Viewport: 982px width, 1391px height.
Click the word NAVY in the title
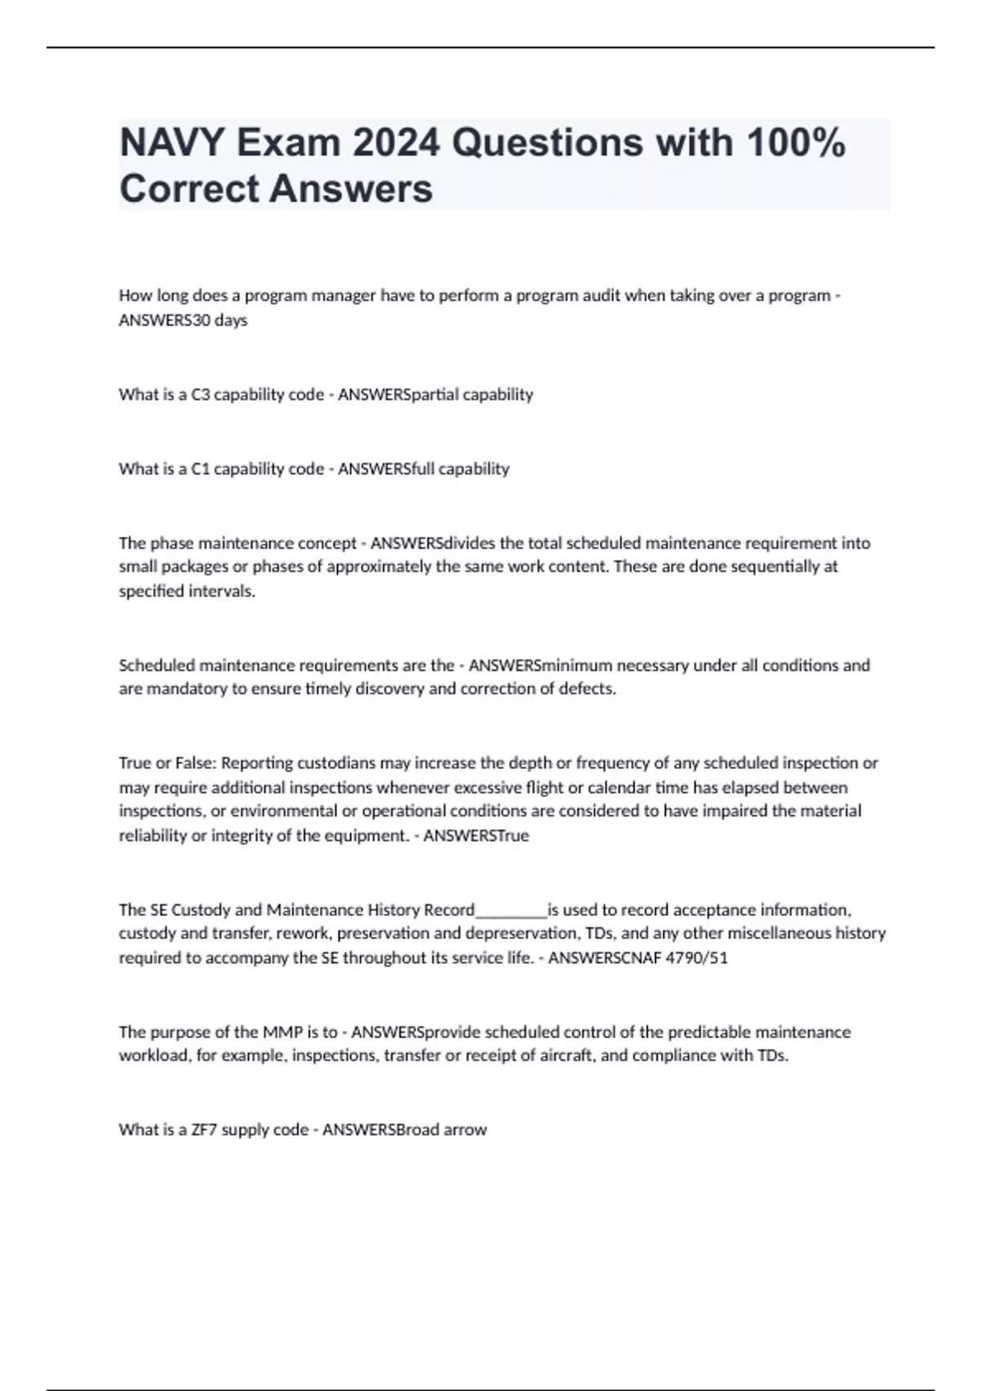pos(171,143)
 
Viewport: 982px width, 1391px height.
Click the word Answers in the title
pos(351,189)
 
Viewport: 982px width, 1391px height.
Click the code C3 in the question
pos(200,394)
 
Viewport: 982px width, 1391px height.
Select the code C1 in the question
pos(200,469)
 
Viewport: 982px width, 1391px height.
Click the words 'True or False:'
pos(168,763)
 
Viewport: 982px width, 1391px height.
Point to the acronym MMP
pos(283,1032)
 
